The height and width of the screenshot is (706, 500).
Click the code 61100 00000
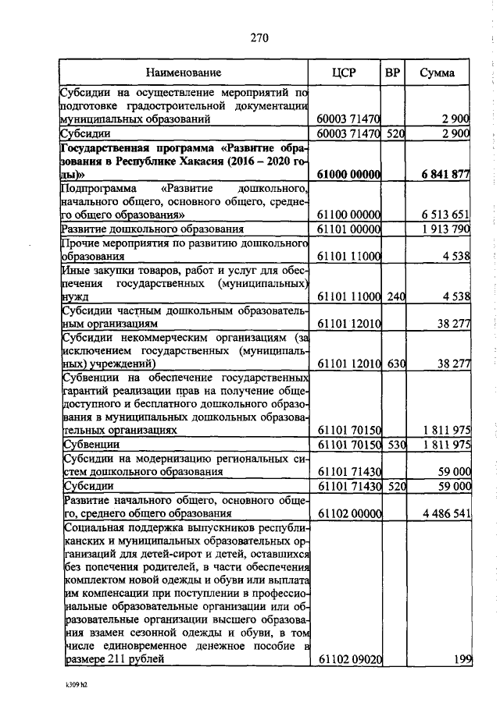point(349,215)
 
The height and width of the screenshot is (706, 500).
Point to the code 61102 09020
point(349,660)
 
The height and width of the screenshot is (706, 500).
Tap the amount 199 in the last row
point(462,660)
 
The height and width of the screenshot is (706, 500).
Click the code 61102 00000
point(349,513)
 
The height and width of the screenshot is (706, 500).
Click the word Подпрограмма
point(96,189)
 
